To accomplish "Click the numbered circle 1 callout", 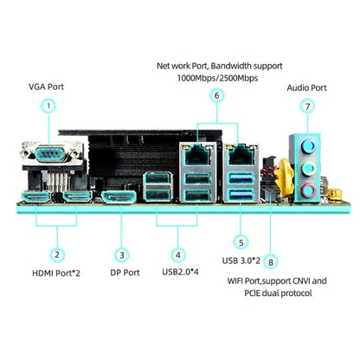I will coord(49,106).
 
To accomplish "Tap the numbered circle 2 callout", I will coord(56,255).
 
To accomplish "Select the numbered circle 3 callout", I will coord(123,255).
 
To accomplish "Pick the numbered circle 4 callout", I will coord(177,255).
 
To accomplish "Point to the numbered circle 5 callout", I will coord(241,243).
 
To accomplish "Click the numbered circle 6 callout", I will coord(216,95).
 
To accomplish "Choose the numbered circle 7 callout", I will coord(306,106).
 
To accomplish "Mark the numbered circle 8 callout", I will coord(271,260).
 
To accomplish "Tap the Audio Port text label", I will coord(306,87).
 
